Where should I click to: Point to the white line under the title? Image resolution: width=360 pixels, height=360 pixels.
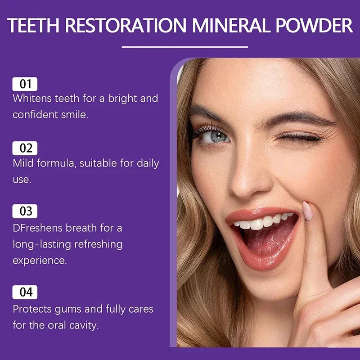[184, 46]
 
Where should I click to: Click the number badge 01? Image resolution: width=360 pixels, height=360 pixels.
[25, 84]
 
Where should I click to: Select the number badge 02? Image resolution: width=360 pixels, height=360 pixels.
[25, 148]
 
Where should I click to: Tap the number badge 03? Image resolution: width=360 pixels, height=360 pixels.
[25, 211]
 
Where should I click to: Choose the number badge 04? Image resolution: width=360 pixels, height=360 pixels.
[25, 292]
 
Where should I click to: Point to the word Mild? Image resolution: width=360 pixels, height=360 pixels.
[22, 163]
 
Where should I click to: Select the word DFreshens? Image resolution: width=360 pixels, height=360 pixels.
[38, 228]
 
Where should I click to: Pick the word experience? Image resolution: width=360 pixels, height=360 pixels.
[40, 260]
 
